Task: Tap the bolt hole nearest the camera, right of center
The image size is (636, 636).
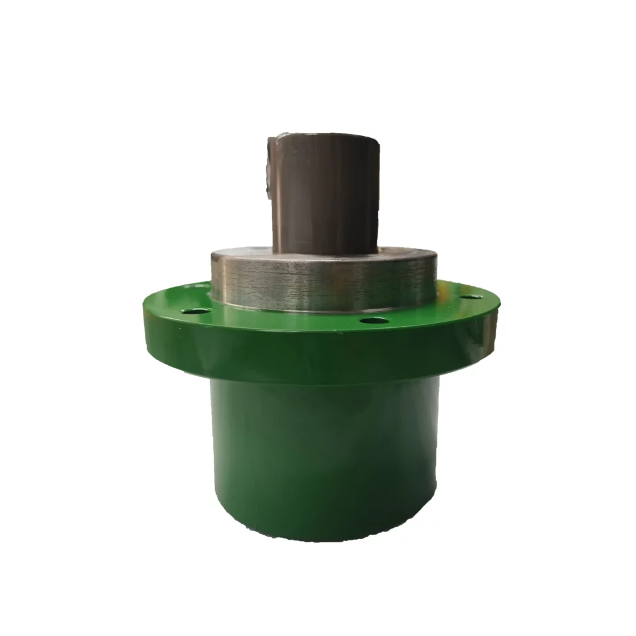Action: tap(375, 320)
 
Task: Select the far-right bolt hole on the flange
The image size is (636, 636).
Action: tap(472, 296)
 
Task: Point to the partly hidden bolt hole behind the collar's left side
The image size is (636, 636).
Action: tap(200, 286)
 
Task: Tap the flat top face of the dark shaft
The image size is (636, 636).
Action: tap(323, 136)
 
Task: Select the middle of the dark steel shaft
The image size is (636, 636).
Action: tap(325, 193)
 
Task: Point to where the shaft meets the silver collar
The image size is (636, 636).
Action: tap(325, 252)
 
